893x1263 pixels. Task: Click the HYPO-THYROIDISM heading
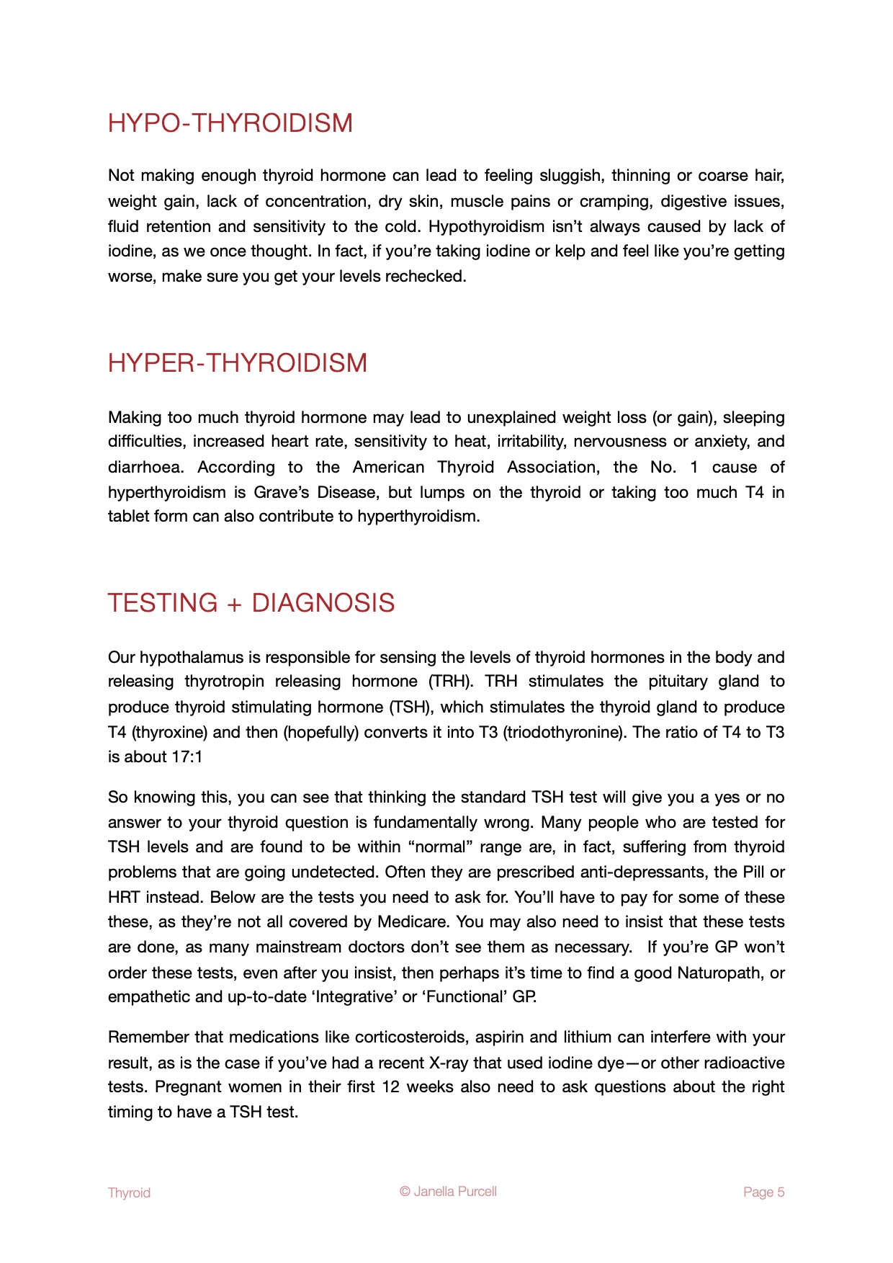(230, 123)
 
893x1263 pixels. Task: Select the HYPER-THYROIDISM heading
(238, 363)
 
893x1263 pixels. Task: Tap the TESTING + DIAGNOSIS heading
(251, 603)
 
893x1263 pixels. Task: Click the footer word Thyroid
(129, 1192)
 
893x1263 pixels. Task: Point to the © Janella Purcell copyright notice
(448, 1191)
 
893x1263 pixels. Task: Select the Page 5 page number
(763, 1192)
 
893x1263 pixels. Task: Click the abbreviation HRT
(124, 898)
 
